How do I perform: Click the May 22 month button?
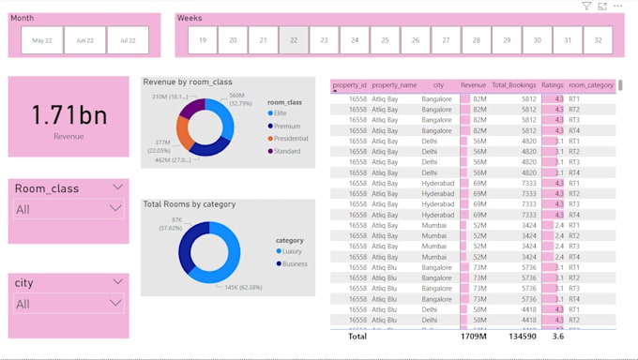(42, 40)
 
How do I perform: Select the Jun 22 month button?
(84, 40)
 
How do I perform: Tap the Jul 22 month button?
(128, 40)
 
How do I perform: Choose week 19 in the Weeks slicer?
(203, 40)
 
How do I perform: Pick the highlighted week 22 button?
(294, 40)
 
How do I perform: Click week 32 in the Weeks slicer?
(597, 40)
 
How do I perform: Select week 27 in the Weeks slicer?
(446, 40)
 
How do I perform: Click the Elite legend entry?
(281, 112)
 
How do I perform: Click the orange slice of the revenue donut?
(185, 132)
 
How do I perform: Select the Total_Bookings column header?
(513, 85)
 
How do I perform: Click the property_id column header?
(350, 85)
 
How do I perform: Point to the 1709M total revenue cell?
(473, 336)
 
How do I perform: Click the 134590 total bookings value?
(521, 336)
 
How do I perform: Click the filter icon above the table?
(586, 7)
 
